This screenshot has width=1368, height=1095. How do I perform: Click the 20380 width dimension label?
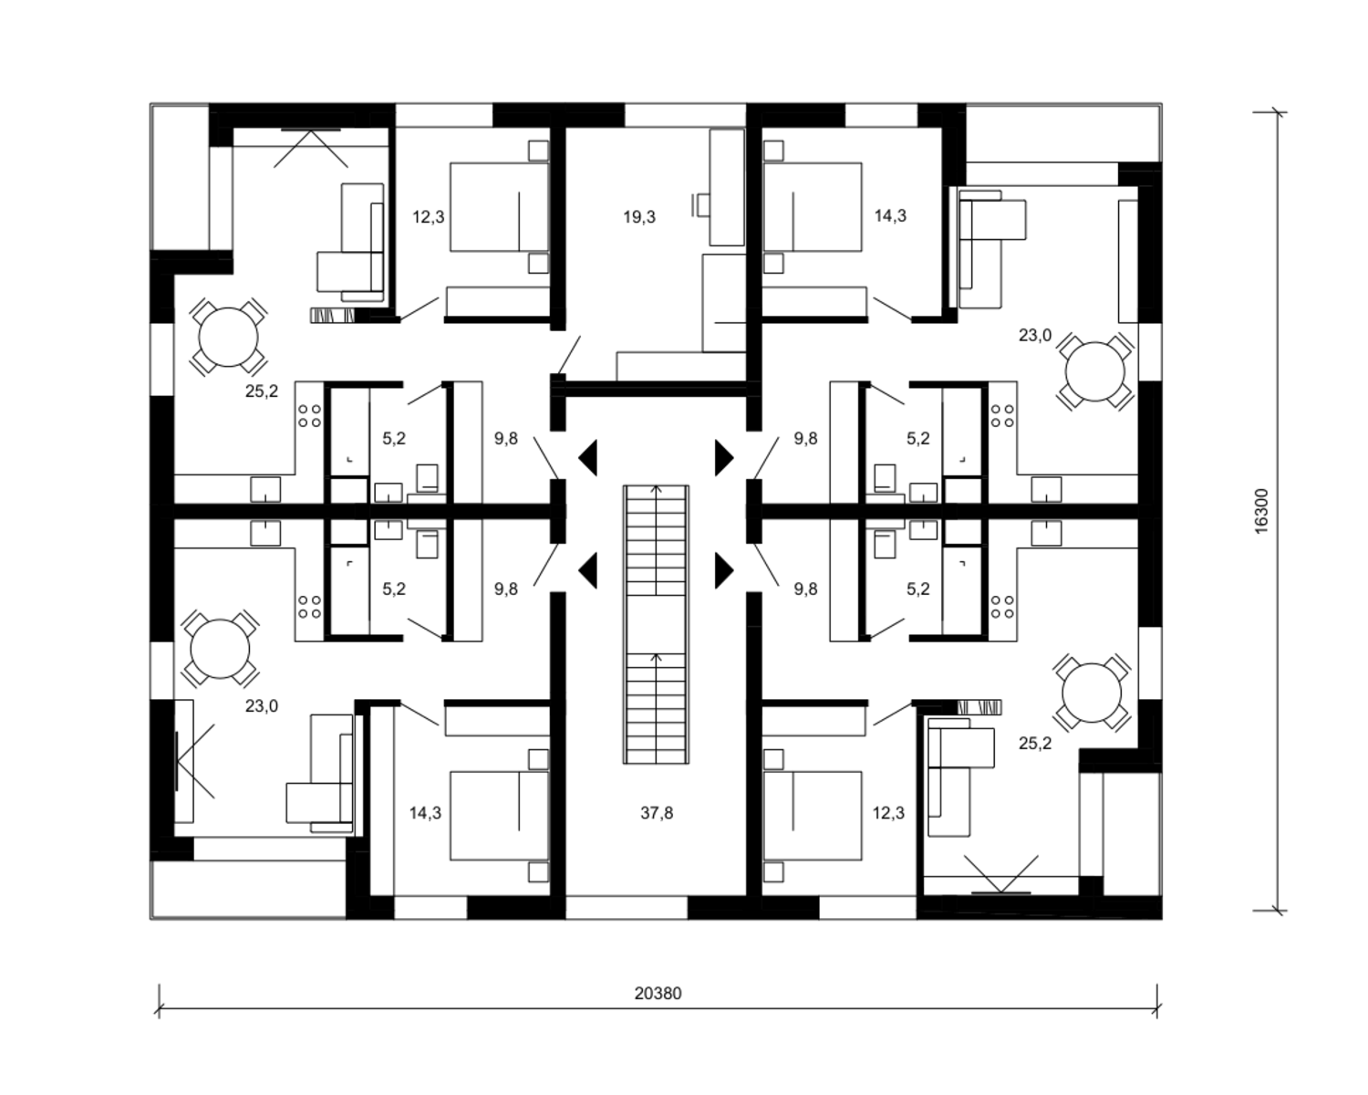(x=658, y=993)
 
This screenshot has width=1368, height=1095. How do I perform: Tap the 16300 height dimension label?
(x=1262, y=512)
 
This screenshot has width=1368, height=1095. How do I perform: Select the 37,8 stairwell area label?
(x=657, y=813)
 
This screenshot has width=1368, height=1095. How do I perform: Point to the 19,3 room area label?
(x=639, y=217)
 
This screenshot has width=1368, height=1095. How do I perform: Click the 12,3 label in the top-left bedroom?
(x=428, y=217)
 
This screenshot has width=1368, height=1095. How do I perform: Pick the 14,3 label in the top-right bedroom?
(x=890, y=215)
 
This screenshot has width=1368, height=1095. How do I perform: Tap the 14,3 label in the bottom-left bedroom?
(x=425, y=813)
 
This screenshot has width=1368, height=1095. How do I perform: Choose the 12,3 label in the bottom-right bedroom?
(x=888, y=813)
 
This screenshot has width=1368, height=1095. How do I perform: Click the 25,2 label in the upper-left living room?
(x=261, y=391)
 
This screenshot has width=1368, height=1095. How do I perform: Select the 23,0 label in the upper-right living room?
(x=1035, y=335)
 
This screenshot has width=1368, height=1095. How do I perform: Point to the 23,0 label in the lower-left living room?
(x=261, y=705)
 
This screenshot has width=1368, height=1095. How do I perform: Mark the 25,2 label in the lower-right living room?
(x=1035, y=743)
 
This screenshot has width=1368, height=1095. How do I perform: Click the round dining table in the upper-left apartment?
(x=228, y=338)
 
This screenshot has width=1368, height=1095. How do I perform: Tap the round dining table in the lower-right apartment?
(x=1092, y=693)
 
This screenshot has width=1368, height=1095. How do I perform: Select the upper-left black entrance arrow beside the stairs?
(x=587, y=457)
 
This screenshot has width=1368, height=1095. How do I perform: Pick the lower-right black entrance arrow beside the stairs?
(x=725, y=570)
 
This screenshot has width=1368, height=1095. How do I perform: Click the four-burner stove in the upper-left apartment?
(x=309, y=416)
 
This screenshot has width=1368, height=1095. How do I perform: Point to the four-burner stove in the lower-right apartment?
(x=1002, y=607)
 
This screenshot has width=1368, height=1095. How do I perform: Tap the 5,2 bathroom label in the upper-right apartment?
(x=918, y=438)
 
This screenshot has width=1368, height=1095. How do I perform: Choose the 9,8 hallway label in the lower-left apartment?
(x=506, y=589)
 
